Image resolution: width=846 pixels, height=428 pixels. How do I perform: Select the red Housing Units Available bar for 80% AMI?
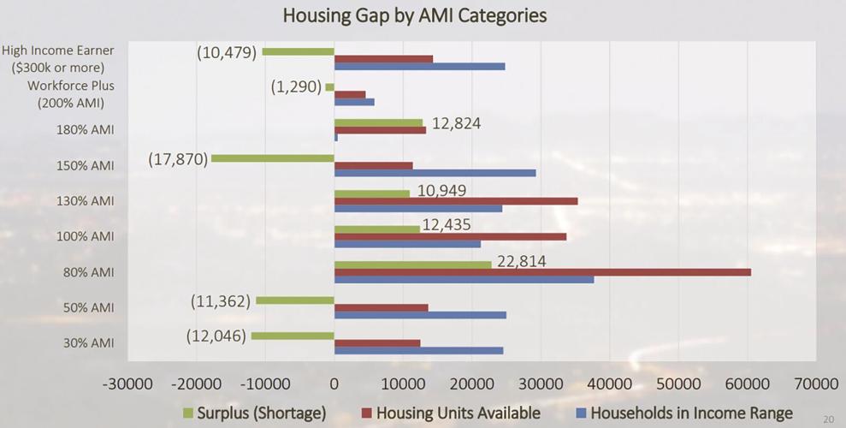[x=542, y=272]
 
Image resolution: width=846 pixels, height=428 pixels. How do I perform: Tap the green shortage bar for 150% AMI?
[x=272, y=158]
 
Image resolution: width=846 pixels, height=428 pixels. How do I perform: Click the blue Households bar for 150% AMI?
[x=435, y=173]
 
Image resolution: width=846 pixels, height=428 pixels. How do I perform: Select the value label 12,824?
[x=456, y=123]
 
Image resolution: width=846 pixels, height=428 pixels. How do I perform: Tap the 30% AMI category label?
[x=90, y=343]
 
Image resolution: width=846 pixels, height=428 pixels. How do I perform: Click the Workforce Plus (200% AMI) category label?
[x=70, y=94]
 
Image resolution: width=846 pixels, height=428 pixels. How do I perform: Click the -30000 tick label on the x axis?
[x=127, y=383]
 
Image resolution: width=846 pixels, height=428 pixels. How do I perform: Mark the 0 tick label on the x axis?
[x=334, y=383]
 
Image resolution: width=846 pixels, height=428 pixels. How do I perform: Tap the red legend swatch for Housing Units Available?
[x=356, y=413]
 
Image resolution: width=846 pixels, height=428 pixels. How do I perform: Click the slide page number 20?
[x=827, y=419]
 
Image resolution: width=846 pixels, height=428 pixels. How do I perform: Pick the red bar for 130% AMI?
[x=455, y=201]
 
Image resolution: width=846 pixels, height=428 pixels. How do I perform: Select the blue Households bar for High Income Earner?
[x=419, y=66]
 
